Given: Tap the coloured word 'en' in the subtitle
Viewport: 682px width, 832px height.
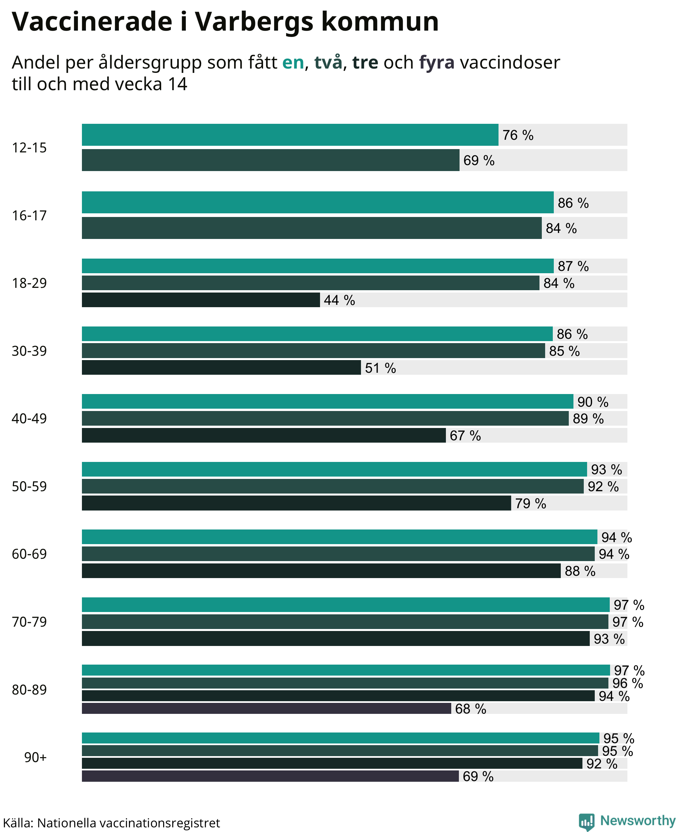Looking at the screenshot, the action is coord(293,63).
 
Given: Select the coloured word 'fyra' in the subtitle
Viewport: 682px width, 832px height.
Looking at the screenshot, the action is coord(437,63).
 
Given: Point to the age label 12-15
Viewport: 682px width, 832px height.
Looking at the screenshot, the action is coord(29,148).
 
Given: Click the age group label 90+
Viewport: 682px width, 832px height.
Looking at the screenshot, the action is coord(35,757).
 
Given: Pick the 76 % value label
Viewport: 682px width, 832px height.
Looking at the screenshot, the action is coord(518,135).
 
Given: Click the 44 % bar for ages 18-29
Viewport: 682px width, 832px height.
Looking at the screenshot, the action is coord(201,300).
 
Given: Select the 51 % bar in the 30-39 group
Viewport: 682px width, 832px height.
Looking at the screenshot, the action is coord(221,367).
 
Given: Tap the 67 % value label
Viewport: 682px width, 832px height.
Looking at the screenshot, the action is coord(465,435).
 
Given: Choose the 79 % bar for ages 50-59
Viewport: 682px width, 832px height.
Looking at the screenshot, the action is coord(296,503).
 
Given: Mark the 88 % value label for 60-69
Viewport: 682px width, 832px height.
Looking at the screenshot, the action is coord(580,571).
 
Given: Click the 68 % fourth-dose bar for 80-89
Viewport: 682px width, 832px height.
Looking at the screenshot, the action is coord(266,708).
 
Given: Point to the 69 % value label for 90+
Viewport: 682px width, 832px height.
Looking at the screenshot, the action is coord(478,776).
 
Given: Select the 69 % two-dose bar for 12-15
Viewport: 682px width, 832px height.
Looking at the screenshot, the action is coord(271,160).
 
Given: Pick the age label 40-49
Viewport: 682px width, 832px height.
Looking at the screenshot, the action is coord(29,419).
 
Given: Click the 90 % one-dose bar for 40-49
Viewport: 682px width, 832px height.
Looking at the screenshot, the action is coord(328,401).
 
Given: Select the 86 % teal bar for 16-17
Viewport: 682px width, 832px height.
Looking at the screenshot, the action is coord(318,202).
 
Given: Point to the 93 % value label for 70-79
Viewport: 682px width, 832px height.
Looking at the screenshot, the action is coord(609,639).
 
